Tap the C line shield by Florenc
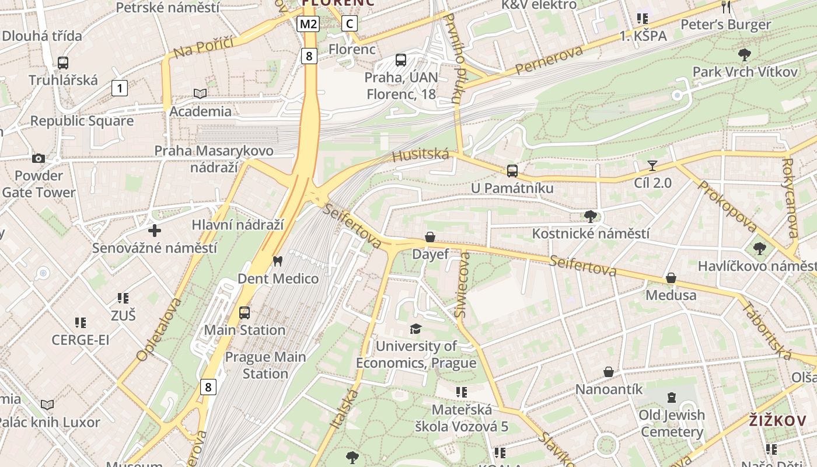coord(349,24)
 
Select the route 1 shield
coord(119,88)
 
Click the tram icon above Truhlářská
coord(63,63)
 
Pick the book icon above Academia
coord(200,93)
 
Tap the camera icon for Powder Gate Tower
coord(39,158)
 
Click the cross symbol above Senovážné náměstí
coord(155,231)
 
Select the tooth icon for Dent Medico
coord(278,262)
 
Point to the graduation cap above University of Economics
coord(416,329)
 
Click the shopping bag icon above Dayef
coord(430,237)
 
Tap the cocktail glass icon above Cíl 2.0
coord(652,166)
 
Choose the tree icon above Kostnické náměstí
coord(591,217)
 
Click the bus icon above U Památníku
coord(512,171)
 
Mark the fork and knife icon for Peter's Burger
coord(726,7)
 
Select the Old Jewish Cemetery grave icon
coord(672,398)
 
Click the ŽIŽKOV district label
coord(777,420)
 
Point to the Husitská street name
coord(421,155)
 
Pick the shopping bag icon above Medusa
coord(671,278)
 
